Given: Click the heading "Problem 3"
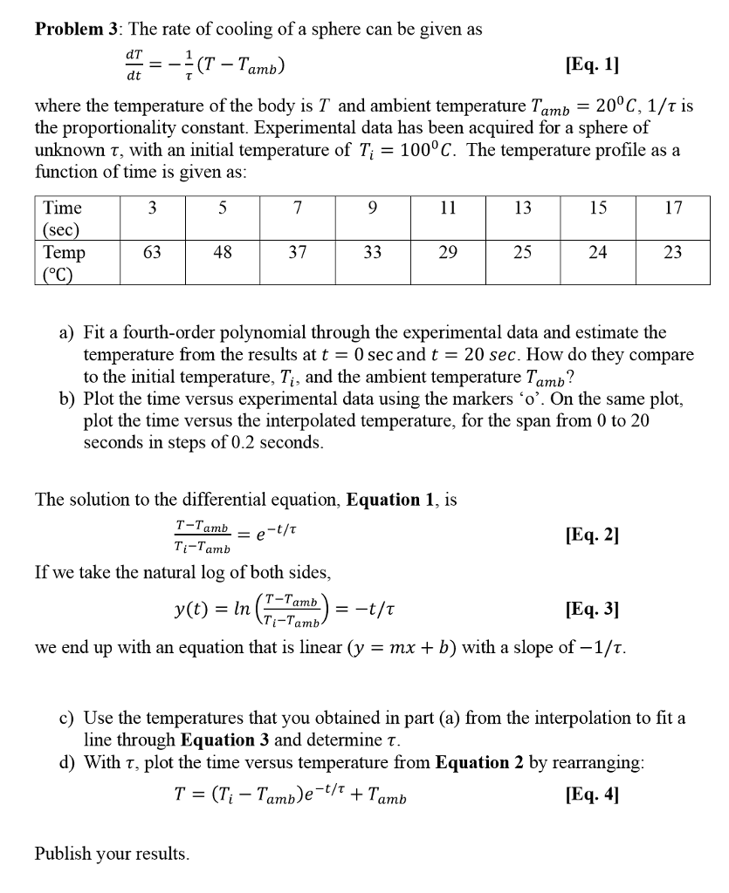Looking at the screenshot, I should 78,29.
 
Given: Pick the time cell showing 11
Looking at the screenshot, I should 448,208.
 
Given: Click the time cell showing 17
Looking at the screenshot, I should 672,208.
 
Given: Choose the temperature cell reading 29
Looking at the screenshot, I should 448,253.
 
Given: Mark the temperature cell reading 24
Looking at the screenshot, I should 597,253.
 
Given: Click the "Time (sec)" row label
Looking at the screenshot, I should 63,218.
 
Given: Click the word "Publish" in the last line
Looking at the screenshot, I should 63,854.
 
